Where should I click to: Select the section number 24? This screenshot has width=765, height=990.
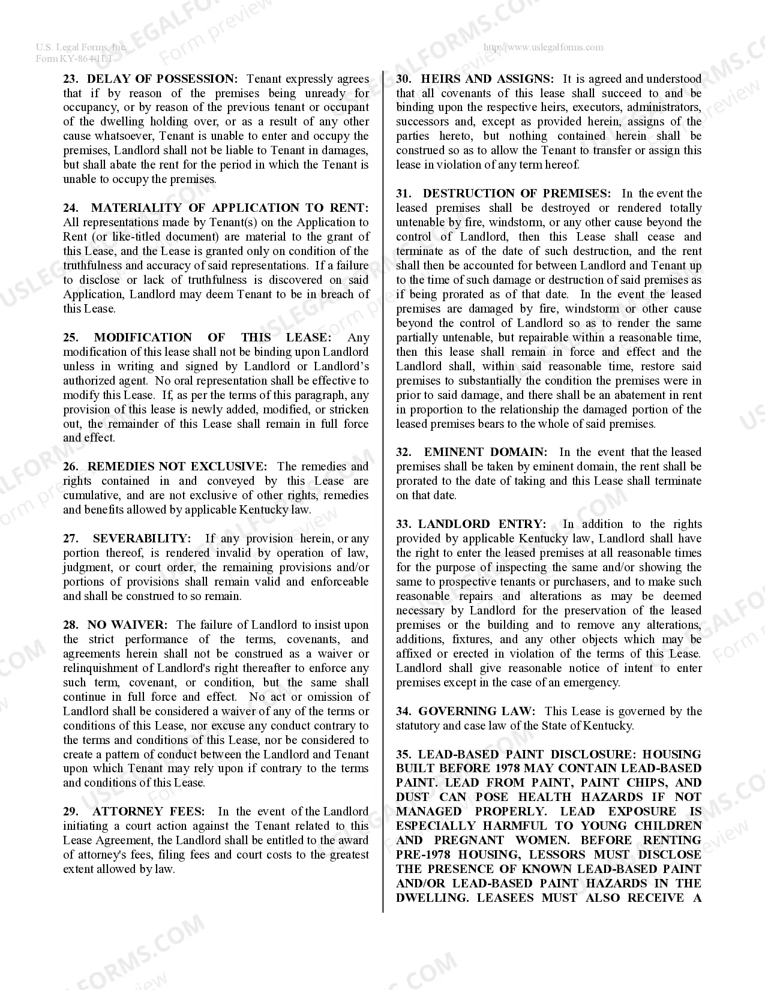tap(71, 208)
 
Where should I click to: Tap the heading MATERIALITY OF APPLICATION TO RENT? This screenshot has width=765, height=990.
tap(230, 208)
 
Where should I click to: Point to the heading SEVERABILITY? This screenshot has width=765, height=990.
tap(142, 538)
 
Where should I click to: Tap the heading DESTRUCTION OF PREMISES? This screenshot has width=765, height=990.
tap(517, 193)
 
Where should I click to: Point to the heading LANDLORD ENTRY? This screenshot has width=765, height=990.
tap(482, 524)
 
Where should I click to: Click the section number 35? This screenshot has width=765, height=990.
tap(403, 754)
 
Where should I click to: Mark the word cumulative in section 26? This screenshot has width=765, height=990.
tap(92, 495)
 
